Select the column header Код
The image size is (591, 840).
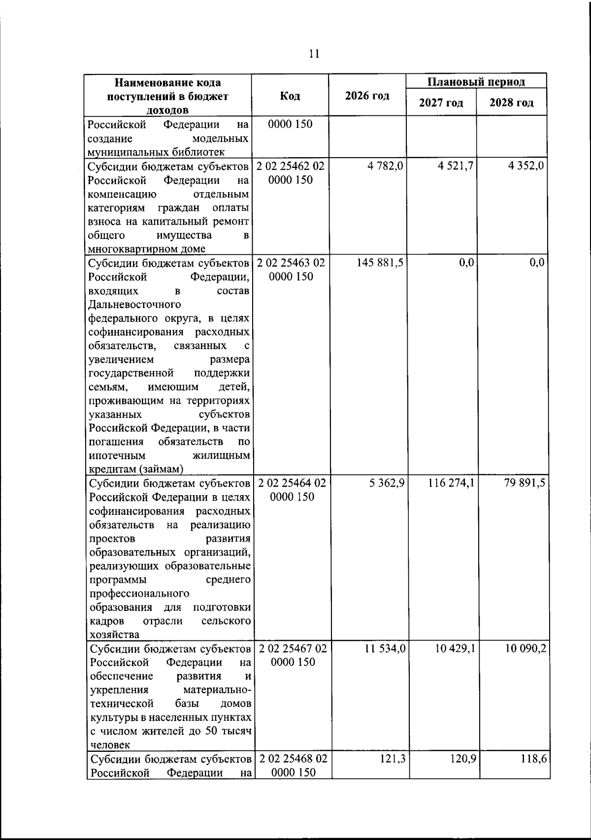tap(290, 96)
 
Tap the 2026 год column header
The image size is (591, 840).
tap(367, 96)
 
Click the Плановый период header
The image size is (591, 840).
tap(476, 81)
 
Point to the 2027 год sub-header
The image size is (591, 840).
tap(441, 103)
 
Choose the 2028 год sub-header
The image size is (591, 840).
tap(511, 103)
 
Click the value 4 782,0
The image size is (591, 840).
tap(385, 166)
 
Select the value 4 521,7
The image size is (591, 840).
tap(456, 166)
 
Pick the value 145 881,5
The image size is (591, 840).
tap(380, 263)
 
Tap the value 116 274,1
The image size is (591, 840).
tap(451, 483)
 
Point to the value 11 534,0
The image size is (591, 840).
tap(385, 649)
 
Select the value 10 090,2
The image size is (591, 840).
tap(525, 649)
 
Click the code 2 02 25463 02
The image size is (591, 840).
tap(291, 263)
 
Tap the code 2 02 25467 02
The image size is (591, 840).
tap(293, 649)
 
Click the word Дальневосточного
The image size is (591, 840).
tap(134, 304)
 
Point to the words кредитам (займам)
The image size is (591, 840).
tap(136, 469)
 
